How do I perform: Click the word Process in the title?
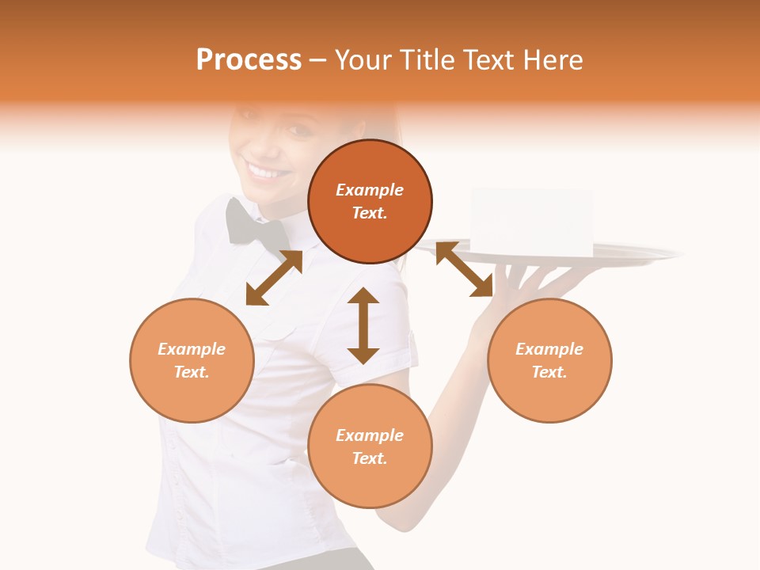tap(249, 60)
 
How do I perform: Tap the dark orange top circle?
tap(370, 202)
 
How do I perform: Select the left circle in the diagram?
tap(192, 360)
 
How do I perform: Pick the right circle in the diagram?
tap(549, 360)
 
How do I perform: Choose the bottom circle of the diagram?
tap(370, 446)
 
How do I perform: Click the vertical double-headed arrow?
tap(363, 325)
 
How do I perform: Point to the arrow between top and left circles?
tap(274, 278)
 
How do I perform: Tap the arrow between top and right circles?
tap(464, 269)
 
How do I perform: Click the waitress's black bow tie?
tap(256, 224)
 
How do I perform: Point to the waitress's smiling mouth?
tap(264, 169)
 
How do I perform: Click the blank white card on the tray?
tap(531, 222)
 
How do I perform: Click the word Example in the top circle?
tap(370, 190)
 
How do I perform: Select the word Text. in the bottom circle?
tap(370, 458)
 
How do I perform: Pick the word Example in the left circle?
tap(192, 349)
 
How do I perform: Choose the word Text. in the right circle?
tap(549, 372)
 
